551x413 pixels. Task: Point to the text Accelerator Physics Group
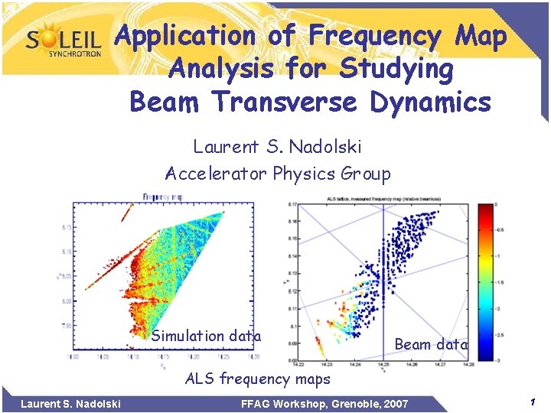[x=277, y=174]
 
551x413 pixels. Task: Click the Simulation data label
[x=206, y=336]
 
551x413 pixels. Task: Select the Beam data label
[x=430, y=344]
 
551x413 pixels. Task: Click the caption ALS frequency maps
[x=259, y=378]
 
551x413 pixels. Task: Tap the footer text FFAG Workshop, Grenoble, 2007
[x=324, y=403]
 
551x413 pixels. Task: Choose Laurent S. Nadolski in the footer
[x=70, y=403]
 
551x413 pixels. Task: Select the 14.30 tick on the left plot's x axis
[x=253, y=356]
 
